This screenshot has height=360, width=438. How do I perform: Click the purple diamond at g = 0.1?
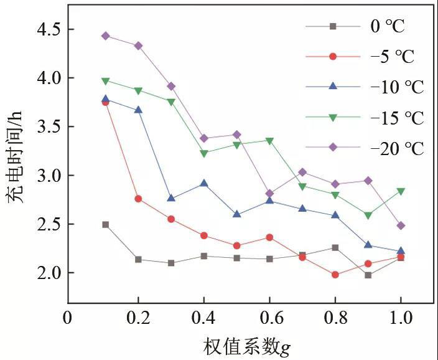[x=106, y=36]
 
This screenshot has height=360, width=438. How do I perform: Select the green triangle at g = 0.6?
[x=269, y=141]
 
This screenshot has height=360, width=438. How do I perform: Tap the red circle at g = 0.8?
[x=335, y=275]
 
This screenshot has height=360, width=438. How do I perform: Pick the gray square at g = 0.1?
[x=106, y=224]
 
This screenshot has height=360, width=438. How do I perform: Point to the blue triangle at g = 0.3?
[x=171, y=198]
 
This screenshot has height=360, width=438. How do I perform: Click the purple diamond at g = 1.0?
[x=401, y=225]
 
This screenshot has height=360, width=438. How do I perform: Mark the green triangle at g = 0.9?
[x=368, y=216]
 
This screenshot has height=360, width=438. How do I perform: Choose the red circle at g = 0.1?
[x=106, y=102]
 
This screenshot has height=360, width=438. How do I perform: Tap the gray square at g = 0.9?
[x=368, y=275]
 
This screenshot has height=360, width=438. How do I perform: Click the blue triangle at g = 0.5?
[x=237, y=214]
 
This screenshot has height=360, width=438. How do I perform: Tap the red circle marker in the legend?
[x=333, y=57]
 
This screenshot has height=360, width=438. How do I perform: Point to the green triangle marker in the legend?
[x=333, y=118]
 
